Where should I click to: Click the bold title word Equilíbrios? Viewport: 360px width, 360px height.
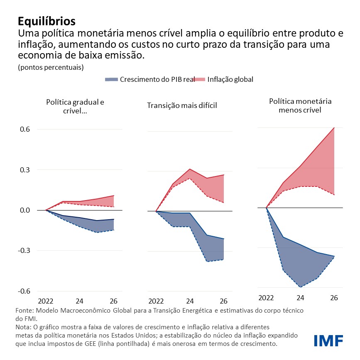point(47,21)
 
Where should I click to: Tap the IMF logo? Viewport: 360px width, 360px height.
point(328,340)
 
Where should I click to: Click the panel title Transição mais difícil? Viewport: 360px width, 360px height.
point(182,105)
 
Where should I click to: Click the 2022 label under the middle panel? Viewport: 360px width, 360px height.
point(156,301)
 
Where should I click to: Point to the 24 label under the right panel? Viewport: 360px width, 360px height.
point(300,298)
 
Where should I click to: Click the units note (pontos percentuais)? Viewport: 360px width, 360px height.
point(51,67)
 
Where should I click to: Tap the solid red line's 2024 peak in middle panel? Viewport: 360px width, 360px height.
point(190,169)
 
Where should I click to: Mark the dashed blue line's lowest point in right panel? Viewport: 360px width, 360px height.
point(300,287)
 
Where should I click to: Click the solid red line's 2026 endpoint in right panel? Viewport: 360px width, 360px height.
point(334,127)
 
